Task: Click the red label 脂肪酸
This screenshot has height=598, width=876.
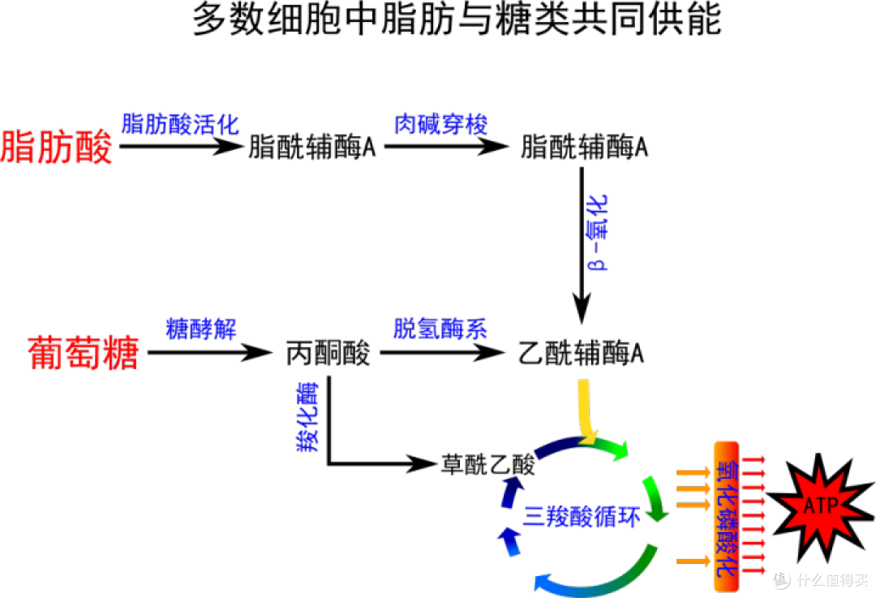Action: [57, 147]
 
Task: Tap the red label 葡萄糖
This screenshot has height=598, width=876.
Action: [84, 353]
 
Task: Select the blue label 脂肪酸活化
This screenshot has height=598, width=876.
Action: [180, 124]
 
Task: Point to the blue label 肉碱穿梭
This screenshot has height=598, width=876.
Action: [440, 124]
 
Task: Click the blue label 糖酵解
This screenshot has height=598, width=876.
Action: [201, 329]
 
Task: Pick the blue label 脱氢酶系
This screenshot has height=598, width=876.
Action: [440, 329]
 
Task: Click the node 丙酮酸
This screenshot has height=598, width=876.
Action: [328, 353]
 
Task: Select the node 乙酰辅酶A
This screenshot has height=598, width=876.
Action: [581, 353]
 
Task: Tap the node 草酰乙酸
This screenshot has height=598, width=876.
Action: [487, 464]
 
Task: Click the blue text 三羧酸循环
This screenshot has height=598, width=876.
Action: [581, 516]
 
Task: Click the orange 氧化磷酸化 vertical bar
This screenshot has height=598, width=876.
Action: [726, 516]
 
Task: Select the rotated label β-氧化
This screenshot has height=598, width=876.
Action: [597, 233]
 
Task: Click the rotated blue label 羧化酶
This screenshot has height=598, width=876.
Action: [308, 416]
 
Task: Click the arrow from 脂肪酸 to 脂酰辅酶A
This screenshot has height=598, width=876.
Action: [181, 146]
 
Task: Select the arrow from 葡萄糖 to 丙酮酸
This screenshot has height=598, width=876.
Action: [209, 352]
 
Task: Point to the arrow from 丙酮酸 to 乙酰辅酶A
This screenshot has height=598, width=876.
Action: [442, 352]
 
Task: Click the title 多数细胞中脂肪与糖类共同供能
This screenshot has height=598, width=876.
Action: [457, 19]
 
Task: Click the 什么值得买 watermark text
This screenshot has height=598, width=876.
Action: [832, 580]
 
